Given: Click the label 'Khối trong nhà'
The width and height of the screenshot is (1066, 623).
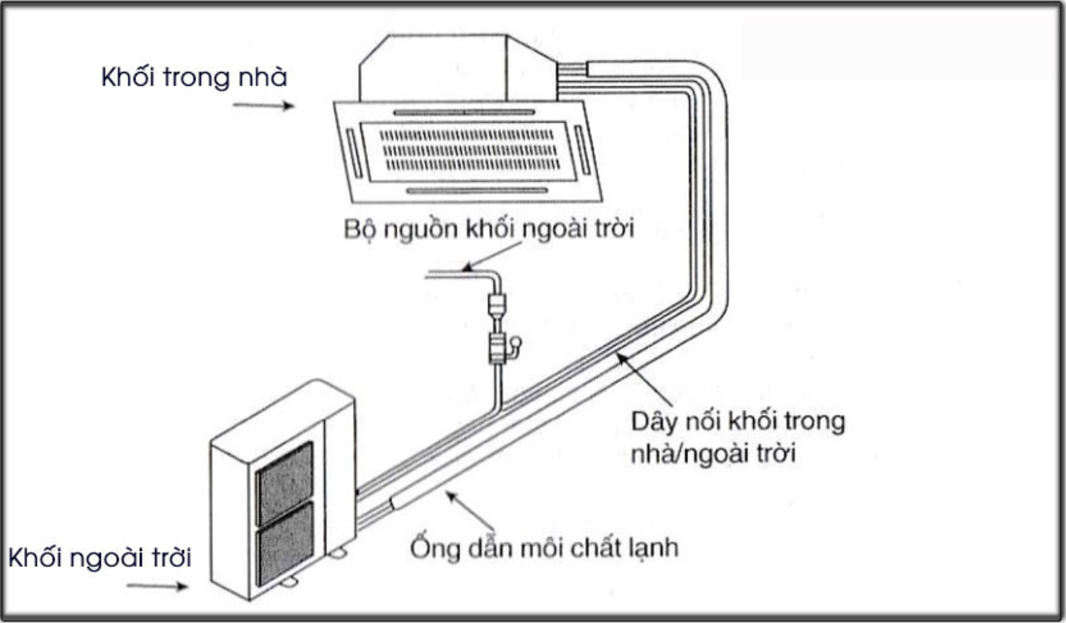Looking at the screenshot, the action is click(x=194, y=77).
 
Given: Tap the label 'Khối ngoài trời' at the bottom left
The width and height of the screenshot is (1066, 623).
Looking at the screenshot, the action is click(x=100, y=558).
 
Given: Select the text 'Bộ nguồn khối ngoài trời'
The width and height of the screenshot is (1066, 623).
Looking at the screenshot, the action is click(x=489, y=229).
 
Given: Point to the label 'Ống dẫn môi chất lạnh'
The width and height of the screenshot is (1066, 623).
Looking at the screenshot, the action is click(x=544, y=548).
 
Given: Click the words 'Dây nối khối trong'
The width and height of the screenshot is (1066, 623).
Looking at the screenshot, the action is click(x=738, y=421).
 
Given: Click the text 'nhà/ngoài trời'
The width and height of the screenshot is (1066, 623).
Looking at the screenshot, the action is click(x=713, y=453).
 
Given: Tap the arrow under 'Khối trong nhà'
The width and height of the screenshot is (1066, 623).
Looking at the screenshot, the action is click(x=263, y=105).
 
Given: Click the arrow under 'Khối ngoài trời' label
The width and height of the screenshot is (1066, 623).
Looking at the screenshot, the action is click(x=157, y=586).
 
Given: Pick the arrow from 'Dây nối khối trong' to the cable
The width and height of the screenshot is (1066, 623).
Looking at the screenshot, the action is click(x=644, y=379).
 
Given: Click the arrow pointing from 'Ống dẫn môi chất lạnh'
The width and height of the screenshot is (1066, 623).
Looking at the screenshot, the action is click(x=470, y=509).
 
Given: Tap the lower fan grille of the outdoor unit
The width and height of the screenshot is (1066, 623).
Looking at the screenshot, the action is click(x=285, y=544).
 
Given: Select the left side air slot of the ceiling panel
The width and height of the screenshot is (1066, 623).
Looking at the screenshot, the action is click(x=354, y=152).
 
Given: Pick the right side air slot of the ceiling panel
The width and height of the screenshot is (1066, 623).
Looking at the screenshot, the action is click(x=583, y=150).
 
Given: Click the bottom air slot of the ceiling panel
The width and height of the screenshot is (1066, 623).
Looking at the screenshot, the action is click(x=477, y=191).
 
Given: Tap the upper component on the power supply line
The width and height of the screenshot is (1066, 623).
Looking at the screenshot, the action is click(x=497, y=305).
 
